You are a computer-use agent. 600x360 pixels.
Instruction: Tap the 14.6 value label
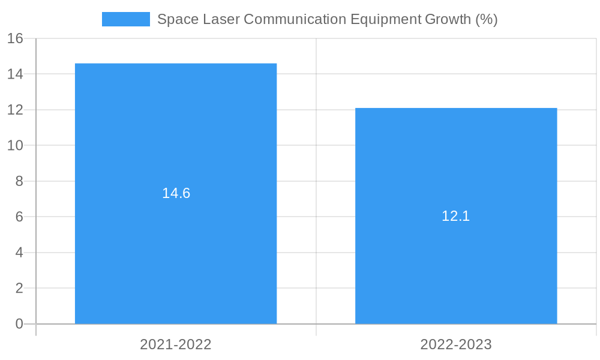176,193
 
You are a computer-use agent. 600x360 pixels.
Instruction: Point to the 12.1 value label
456,216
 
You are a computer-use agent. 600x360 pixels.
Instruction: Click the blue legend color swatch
126,19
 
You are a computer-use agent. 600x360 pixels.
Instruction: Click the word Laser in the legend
221,19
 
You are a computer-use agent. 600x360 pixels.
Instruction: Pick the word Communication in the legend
295,19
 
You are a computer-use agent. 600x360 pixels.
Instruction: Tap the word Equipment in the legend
386,19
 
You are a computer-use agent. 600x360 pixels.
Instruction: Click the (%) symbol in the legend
487,19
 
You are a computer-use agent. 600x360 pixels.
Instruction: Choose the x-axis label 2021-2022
176,344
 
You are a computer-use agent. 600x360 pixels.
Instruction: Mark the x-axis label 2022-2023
456,344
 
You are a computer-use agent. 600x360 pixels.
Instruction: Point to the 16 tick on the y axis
15,38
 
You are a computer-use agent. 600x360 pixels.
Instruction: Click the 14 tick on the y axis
15,74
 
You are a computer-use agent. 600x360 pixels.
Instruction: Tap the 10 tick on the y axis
15,146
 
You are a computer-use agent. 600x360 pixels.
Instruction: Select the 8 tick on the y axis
19,181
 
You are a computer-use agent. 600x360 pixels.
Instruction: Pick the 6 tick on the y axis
19,217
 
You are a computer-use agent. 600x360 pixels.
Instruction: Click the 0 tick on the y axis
19,324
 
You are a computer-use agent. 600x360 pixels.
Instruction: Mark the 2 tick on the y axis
19,288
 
